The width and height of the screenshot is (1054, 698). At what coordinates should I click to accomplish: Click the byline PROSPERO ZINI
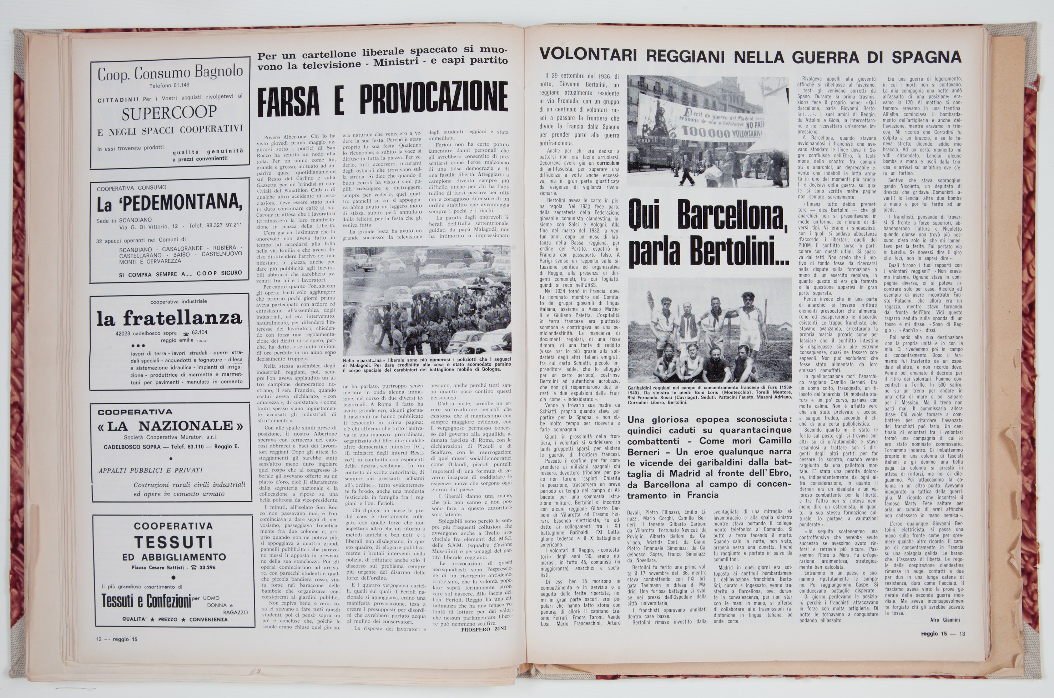[484, 629]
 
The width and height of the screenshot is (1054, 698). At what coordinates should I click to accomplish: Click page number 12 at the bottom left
[99, 639]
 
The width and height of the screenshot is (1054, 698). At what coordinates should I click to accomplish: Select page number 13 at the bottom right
[962, 634]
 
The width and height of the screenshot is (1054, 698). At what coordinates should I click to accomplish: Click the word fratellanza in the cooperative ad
[182, 318]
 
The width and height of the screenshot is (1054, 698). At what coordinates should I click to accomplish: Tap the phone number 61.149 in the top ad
[178, 85]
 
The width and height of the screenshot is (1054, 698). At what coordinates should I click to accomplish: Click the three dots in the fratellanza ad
[138, 346]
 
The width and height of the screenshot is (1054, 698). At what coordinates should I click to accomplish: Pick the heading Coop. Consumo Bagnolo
[170, 72]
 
